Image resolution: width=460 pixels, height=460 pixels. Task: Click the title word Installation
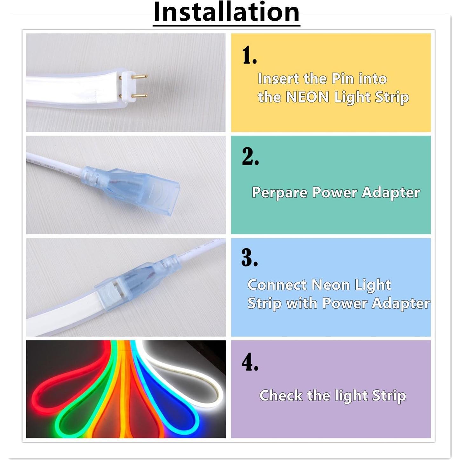(x=226, y=12)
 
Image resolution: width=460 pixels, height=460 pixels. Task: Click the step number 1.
(x=249, y=55)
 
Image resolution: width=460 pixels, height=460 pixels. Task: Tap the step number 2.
(x=250, y=156)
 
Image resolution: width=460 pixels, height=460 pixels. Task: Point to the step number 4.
(x=250, y=362)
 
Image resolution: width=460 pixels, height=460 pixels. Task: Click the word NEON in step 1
(x=307, y=97)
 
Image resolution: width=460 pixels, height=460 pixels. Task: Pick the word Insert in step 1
(x=278, y=79)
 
